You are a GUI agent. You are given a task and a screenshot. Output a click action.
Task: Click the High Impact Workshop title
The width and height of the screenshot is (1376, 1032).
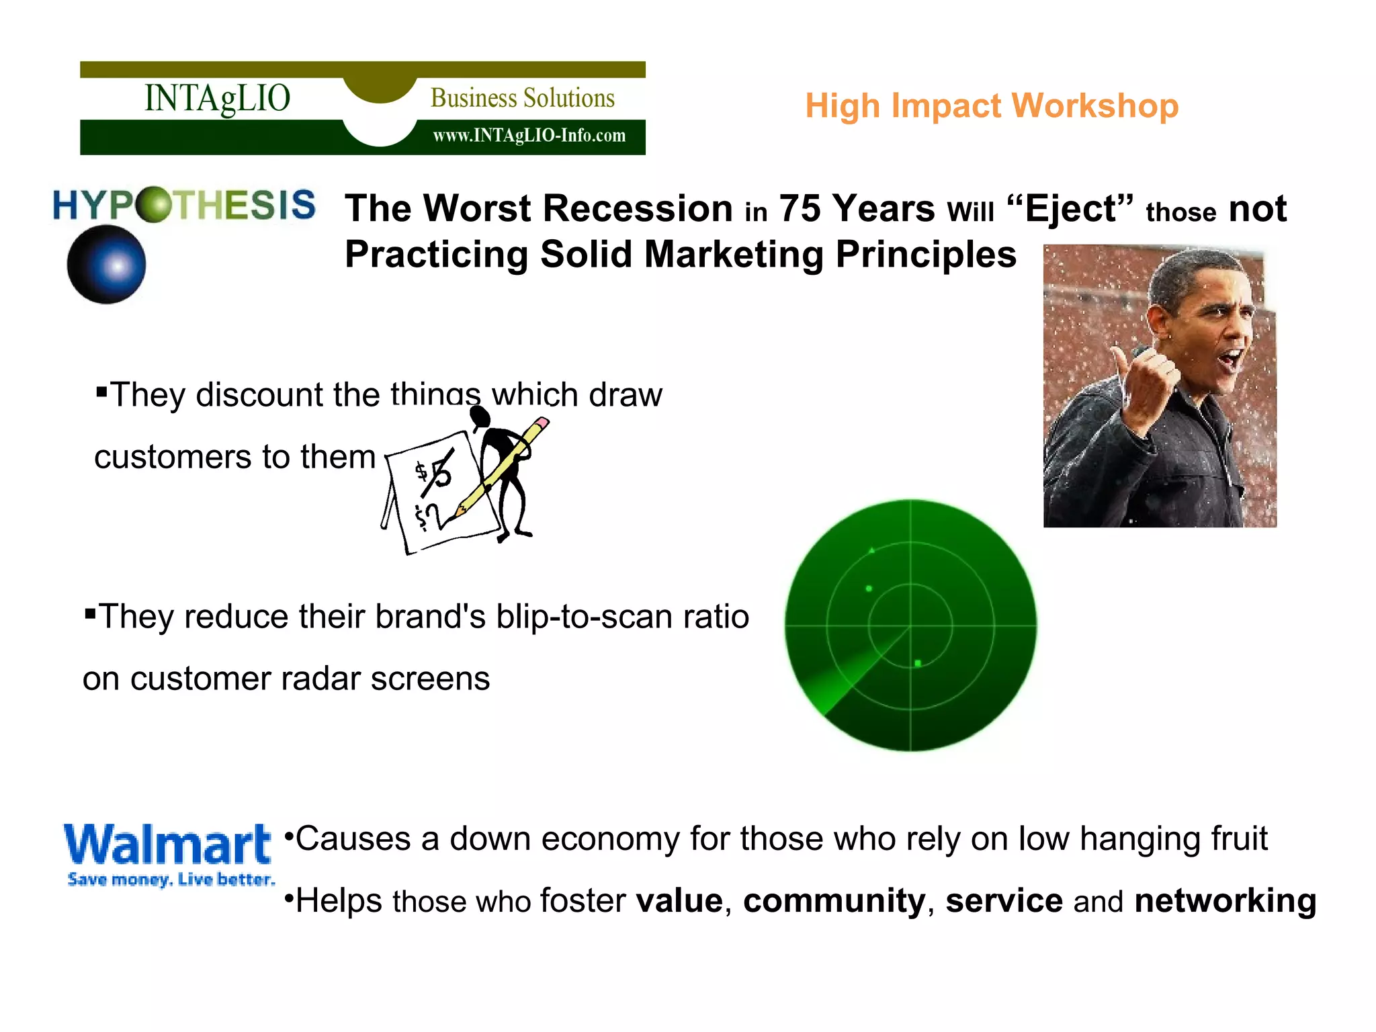coord(992,106)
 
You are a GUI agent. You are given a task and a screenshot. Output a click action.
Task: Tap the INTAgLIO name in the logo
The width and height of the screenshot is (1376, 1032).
coord(217,98)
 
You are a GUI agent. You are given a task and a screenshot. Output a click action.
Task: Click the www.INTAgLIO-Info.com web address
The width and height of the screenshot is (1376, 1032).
coord(529,136)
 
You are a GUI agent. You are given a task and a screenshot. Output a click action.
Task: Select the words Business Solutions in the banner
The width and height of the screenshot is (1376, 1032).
coord(522,98)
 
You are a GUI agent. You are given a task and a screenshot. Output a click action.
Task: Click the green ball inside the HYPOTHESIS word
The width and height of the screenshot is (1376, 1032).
coord(154,204)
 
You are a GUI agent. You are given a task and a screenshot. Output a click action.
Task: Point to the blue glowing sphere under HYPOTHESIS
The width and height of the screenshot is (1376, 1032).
coord(107,265)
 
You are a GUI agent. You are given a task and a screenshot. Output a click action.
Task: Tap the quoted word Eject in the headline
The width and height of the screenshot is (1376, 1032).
coord(1070,208)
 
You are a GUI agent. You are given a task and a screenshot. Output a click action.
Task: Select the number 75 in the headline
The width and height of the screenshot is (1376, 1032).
coord(799,208)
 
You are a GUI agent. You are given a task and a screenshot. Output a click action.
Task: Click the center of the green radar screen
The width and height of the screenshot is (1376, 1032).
coord(910,626)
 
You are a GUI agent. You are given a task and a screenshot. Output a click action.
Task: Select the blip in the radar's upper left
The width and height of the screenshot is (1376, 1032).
coord(869,589)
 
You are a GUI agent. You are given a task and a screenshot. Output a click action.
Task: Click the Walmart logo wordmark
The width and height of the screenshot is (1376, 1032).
coord(167,845)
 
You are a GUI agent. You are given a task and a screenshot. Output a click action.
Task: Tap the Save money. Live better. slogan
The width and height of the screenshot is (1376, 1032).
coord(171,879)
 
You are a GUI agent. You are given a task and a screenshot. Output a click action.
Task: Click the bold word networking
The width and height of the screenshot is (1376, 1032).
coord(1225,900)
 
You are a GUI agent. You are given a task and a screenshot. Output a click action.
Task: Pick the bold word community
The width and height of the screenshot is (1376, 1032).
coord(834,900)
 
